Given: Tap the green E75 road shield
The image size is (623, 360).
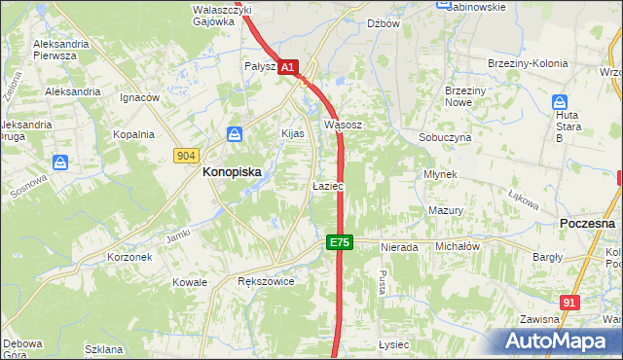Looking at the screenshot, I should click(339, 242).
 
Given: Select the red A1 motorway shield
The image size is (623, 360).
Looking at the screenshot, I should click(288, 67).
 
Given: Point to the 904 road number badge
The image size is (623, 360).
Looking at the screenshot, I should click(188, 156).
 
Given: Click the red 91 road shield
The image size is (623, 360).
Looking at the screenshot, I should click(570, 303).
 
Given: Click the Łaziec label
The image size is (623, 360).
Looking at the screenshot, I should click(328, 185).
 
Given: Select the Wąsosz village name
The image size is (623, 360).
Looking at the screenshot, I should click(343, 125).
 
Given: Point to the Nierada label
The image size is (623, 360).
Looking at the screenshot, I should click(399, 247).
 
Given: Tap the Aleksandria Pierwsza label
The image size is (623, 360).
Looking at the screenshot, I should click(68, 51).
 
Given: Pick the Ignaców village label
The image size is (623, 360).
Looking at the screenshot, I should click(139, 98).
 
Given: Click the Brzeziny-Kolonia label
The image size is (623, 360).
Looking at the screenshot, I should click(527, 64).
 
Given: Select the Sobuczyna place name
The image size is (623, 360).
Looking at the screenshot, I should click(445, 138).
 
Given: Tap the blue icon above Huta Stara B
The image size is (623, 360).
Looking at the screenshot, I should click(560, 102).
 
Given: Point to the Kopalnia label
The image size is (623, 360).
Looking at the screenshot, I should click(133, 134).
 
